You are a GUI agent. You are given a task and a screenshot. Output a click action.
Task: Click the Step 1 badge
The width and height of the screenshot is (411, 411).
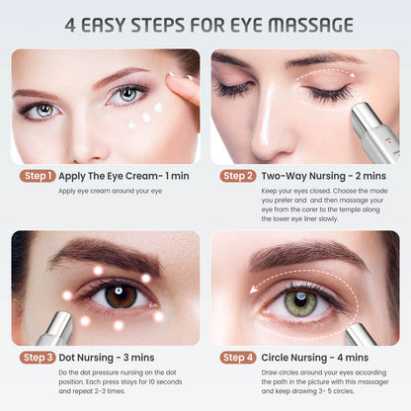(x=38, y=176)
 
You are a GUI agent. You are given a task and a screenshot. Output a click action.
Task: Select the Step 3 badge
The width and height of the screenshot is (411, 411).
(x=38, y=357)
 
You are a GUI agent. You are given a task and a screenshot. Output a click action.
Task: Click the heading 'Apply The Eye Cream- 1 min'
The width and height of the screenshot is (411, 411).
(x=123, y=176)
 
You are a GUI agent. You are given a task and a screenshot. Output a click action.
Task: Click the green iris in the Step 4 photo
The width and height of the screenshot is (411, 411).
(x=301, y=301)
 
